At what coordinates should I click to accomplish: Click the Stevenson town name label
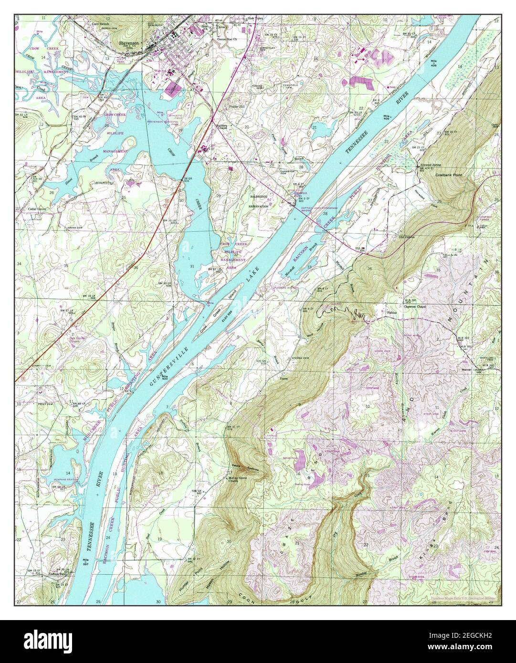point(129,42)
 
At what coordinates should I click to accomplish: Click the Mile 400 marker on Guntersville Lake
point(165,378)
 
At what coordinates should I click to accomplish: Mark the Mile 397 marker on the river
point(86,561)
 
